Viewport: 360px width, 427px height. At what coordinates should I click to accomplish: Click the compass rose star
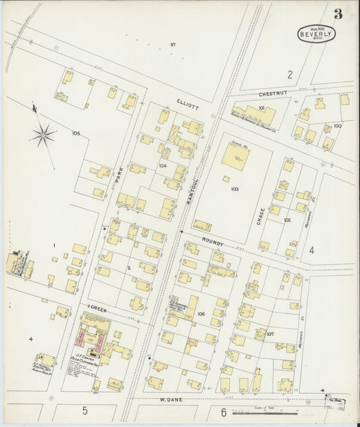tap(43, 136)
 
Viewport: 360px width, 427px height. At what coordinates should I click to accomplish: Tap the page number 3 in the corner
tap(337, 14)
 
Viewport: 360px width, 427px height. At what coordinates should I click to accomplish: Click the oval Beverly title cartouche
tap(317, 34)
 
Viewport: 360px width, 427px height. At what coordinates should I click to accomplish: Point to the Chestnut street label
tap(273, 94)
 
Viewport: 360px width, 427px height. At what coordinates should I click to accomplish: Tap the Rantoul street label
tap(192, 185)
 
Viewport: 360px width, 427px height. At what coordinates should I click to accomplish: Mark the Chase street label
tap(260, 216)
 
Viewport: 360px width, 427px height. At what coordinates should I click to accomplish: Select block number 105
tap(76, 134)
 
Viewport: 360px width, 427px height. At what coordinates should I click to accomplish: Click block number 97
tap(173, 45)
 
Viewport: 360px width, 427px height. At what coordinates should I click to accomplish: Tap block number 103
tap(234, 189)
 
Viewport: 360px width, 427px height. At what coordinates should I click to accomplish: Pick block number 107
tap(270, 334)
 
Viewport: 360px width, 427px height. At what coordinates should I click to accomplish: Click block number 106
tap(201, 314)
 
